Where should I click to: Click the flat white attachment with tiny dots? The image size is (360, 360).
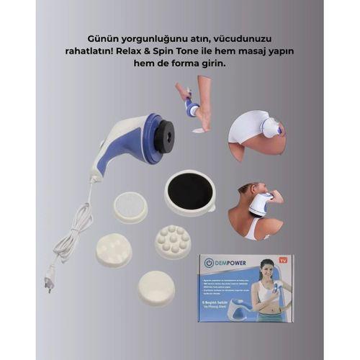pyautogui.click(x=130, y=207)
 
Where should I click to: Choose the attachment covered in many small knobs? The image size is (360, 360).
pyautogui.click(x=173, y=241)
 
